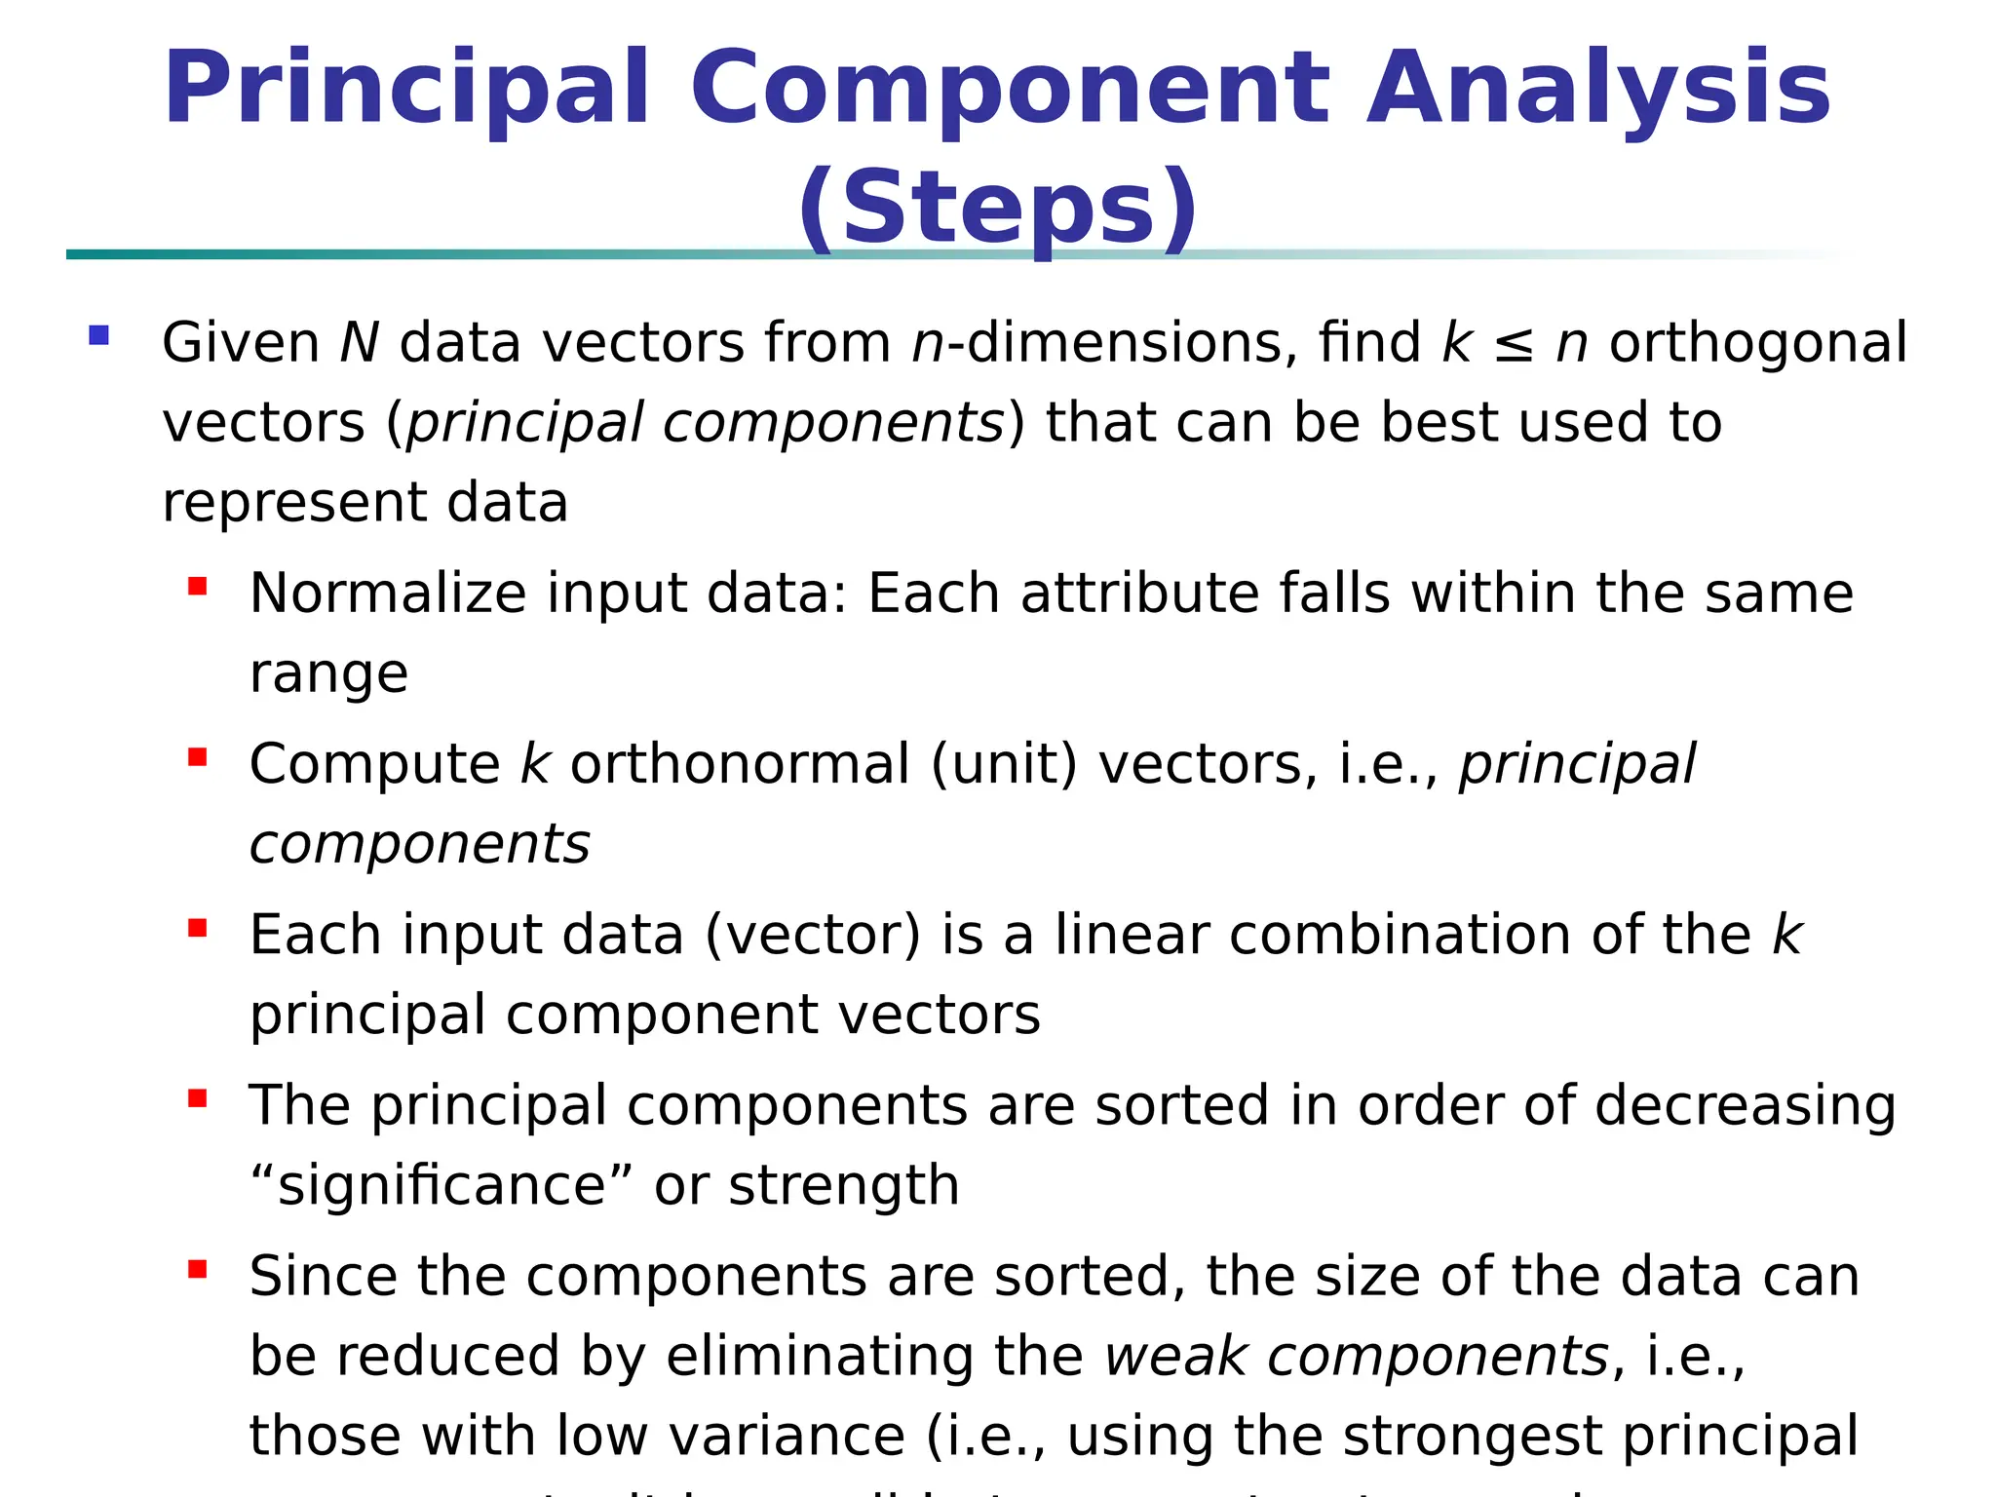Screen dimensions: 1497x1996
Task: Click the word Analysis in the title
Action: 1598,90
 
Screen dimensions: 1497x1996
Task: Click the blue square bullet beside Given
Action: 98,336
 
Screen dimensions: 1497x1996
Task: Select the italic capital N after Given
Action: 359,343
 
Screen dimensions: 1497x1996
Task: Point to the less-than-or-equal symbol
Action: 1514,345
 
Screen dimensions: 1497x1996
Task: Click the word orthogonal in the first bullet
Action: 1757,343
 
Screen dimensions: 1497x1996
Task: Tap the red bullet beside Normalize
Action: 198,586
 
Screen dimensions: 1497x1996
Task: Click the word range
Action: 328,674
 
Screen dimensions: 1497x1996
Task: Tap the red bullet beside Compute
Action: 198,757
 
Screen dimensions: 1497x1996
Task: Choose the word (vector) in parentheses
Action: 812,935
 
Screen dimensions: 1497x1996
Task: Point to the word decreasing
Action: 1745,1106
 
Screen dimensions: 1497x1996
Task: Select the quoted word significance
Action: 441,1186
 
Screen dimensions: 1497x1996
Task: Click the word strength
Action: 843,1186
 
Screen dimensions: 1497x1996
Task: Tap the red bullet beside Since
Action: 198,1270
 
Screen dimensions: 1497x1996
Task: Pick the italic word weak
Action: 1175,1357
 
